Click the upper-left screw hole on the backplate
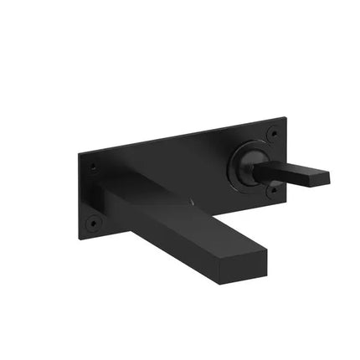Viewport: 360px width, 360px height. coord(92,167)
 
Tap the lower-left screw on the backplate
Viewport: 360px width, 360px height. coord(92,223)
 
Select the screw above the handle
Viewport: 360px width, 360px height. coord(272,133)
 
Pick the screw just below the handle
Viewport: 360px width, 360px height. coord(272,191)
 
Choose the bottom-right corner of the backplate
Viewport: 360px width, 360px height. coord(285,200)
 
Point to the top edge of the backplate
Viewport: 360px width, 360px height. coord(180,136)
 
